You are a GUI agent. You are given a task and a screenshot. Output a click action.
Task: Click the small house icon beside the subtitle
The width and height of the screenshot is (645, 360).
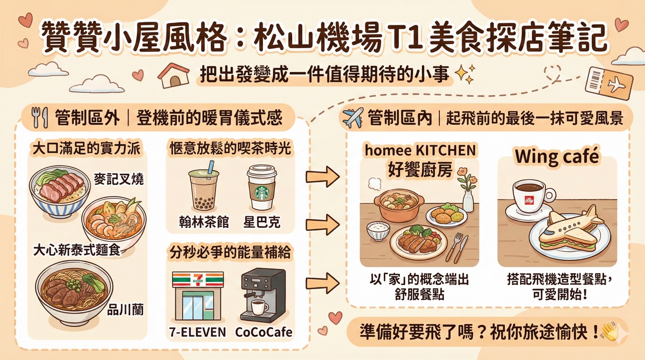(x=173, y=76)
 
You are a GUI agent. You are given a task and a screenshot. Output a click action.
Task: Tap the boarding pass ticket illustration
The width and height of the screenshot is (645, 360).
(x=609, y=83)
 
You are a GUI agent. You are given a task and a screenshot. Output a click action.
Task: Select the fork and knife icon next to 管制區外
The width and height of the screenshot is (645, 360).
(x=40, y=118)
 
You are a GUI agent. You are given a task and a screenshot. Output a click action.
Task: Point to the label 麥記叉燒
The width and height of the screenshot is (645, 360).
(x=119, y=179)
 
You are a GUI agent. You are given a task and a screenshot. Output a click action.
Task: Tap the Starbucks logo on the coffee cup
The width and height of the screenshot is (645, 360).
(x=262, y=192)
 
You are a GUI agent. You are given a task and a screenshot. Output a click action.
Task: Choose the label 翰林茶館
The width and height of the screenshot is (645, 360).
(x=204, y=222)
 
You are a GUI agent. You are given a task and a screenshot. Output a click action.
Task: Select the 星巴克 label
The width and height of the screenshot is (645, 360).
(x=262, y=222)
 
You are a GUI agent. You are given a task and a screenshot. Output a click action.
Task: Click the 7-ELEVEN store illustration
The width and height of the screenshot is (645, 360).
(x=198, y=296)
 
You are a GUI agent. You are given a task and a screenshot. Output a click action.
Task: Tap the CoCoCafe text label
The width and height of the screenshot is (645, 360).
(x=264, y=332)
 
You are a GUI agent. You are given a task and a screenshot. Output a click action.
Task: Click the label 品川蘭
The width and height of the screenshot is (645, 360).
(x=125, y=310)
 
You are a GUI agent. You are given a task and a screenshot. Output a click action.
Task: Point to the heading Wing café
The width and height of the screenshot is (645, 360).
(x=557, y=157)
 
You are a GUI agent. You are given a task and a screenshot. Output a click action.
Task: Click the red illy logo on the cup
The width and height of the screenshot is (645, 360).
(x=529, y=200)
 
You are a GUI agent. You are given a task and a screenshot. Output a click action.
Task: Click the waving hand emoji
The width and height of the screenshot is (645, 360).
(x=610, y=332)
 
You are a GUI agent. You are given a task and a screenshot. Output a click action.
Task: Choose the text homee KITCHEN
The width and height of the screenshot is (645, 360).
(x=420, y=150)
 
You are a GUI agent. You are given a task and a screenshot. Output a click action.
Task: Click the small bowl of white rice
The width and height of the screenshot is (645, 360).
(x=378, y=230)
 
